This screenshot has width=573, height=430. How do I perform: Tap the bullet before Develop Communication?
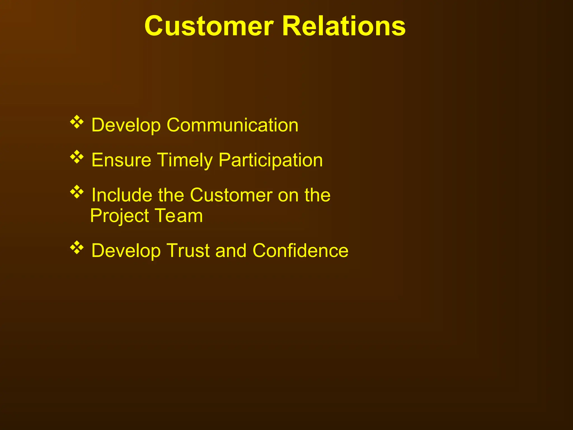77,122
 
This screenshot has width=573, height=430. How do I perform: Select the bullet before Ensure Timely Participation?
77,157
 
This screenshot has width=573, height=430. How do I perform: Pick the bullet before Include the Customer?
77,192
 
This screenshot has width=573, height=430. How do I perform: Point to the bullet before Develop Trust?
77,247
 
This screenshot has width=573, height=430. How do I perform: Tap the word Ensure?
121,160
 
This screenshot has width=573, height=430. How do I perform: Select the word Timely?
185,161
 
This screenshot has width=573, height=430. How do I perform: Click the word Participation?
271,161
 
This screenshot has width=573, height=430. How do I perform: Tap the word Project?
119,216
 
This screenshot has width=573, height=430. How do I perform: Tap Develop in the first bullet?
126,125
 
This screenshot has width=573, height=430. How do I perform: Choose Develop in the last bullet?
126,251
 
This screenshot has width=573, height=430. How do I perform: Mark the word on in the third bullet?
288,195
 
